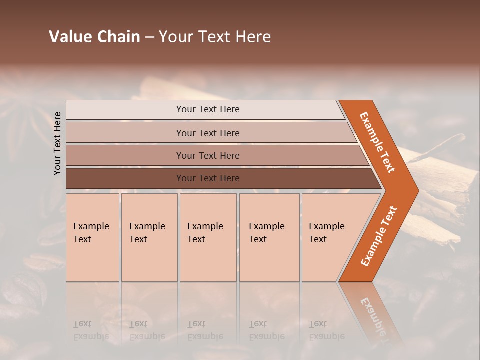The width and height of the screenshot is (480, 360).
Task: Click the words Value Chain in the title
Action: tap(94, 37)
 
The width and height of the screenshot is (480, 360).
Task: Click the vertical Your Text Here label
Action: tap(57, 143)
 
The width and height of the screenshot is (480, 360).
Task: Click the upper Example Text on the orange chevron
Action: tap(377, 142)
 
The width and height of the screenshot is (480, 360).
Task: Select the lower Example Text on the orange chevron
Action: tap(379, 236)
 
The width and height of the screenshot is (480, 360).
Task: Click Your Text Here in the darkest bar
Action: tap(208, 178)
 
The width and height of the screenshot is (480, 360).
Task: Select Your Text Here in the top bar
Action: tap(208, 109)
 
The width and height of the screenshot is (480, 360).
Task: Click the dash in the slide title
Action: tap(149, 37)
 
